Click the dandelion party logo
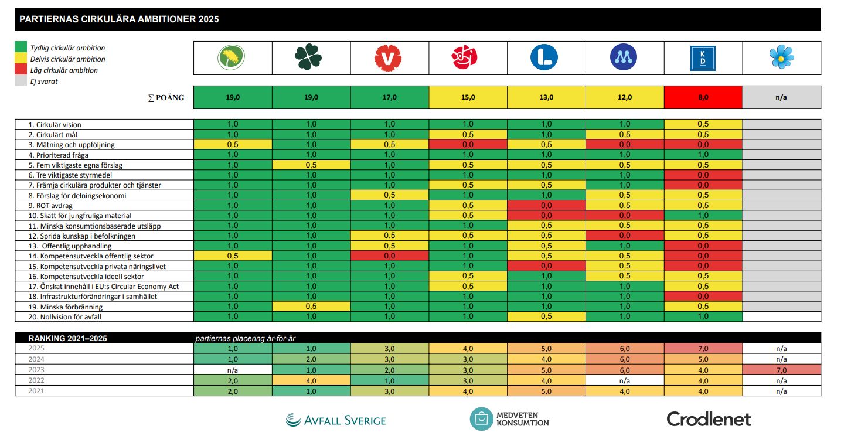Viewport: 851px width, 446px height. coord(232,57)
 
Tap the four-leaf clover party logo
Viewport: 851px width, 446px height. coord(309,57)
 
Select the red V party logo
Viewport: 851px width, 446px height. coord(389,57)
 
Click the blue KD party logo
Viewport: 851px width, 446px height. coord(703,57)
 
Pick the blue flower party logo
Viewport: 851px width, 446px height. coord(781,57)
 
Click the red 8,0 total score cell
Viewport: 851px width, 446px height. coord(703,97)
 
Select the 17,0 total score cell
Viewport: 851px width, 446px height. coord(389,97)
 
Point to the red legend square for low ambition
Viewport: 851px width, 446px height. coord(21,70)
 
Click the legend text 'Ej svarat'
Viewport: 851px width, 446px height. coord(43,81)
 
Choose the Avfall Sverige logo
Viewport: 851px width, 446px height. coord(336,420)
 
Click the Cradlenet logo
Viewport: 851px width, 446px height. coord(709,418)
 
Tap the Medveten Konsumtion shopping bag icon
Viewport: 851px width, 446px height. coord(481,419)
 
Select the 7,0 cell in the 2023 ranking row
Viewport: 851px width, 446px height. coord(781,370)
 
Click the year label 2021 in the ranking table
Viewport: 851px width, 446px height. coord(36,391)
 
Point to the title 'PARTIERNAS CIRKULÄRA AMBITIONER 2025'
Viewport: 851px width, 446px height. coord(120,19)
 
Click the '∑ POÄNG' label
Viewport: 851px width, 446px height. coord(166,97)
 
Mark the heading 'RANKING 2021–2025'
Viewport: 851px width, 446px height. coord(68,338)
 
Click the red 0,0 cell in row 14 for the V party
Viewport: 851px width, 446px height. coord(389,256)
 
